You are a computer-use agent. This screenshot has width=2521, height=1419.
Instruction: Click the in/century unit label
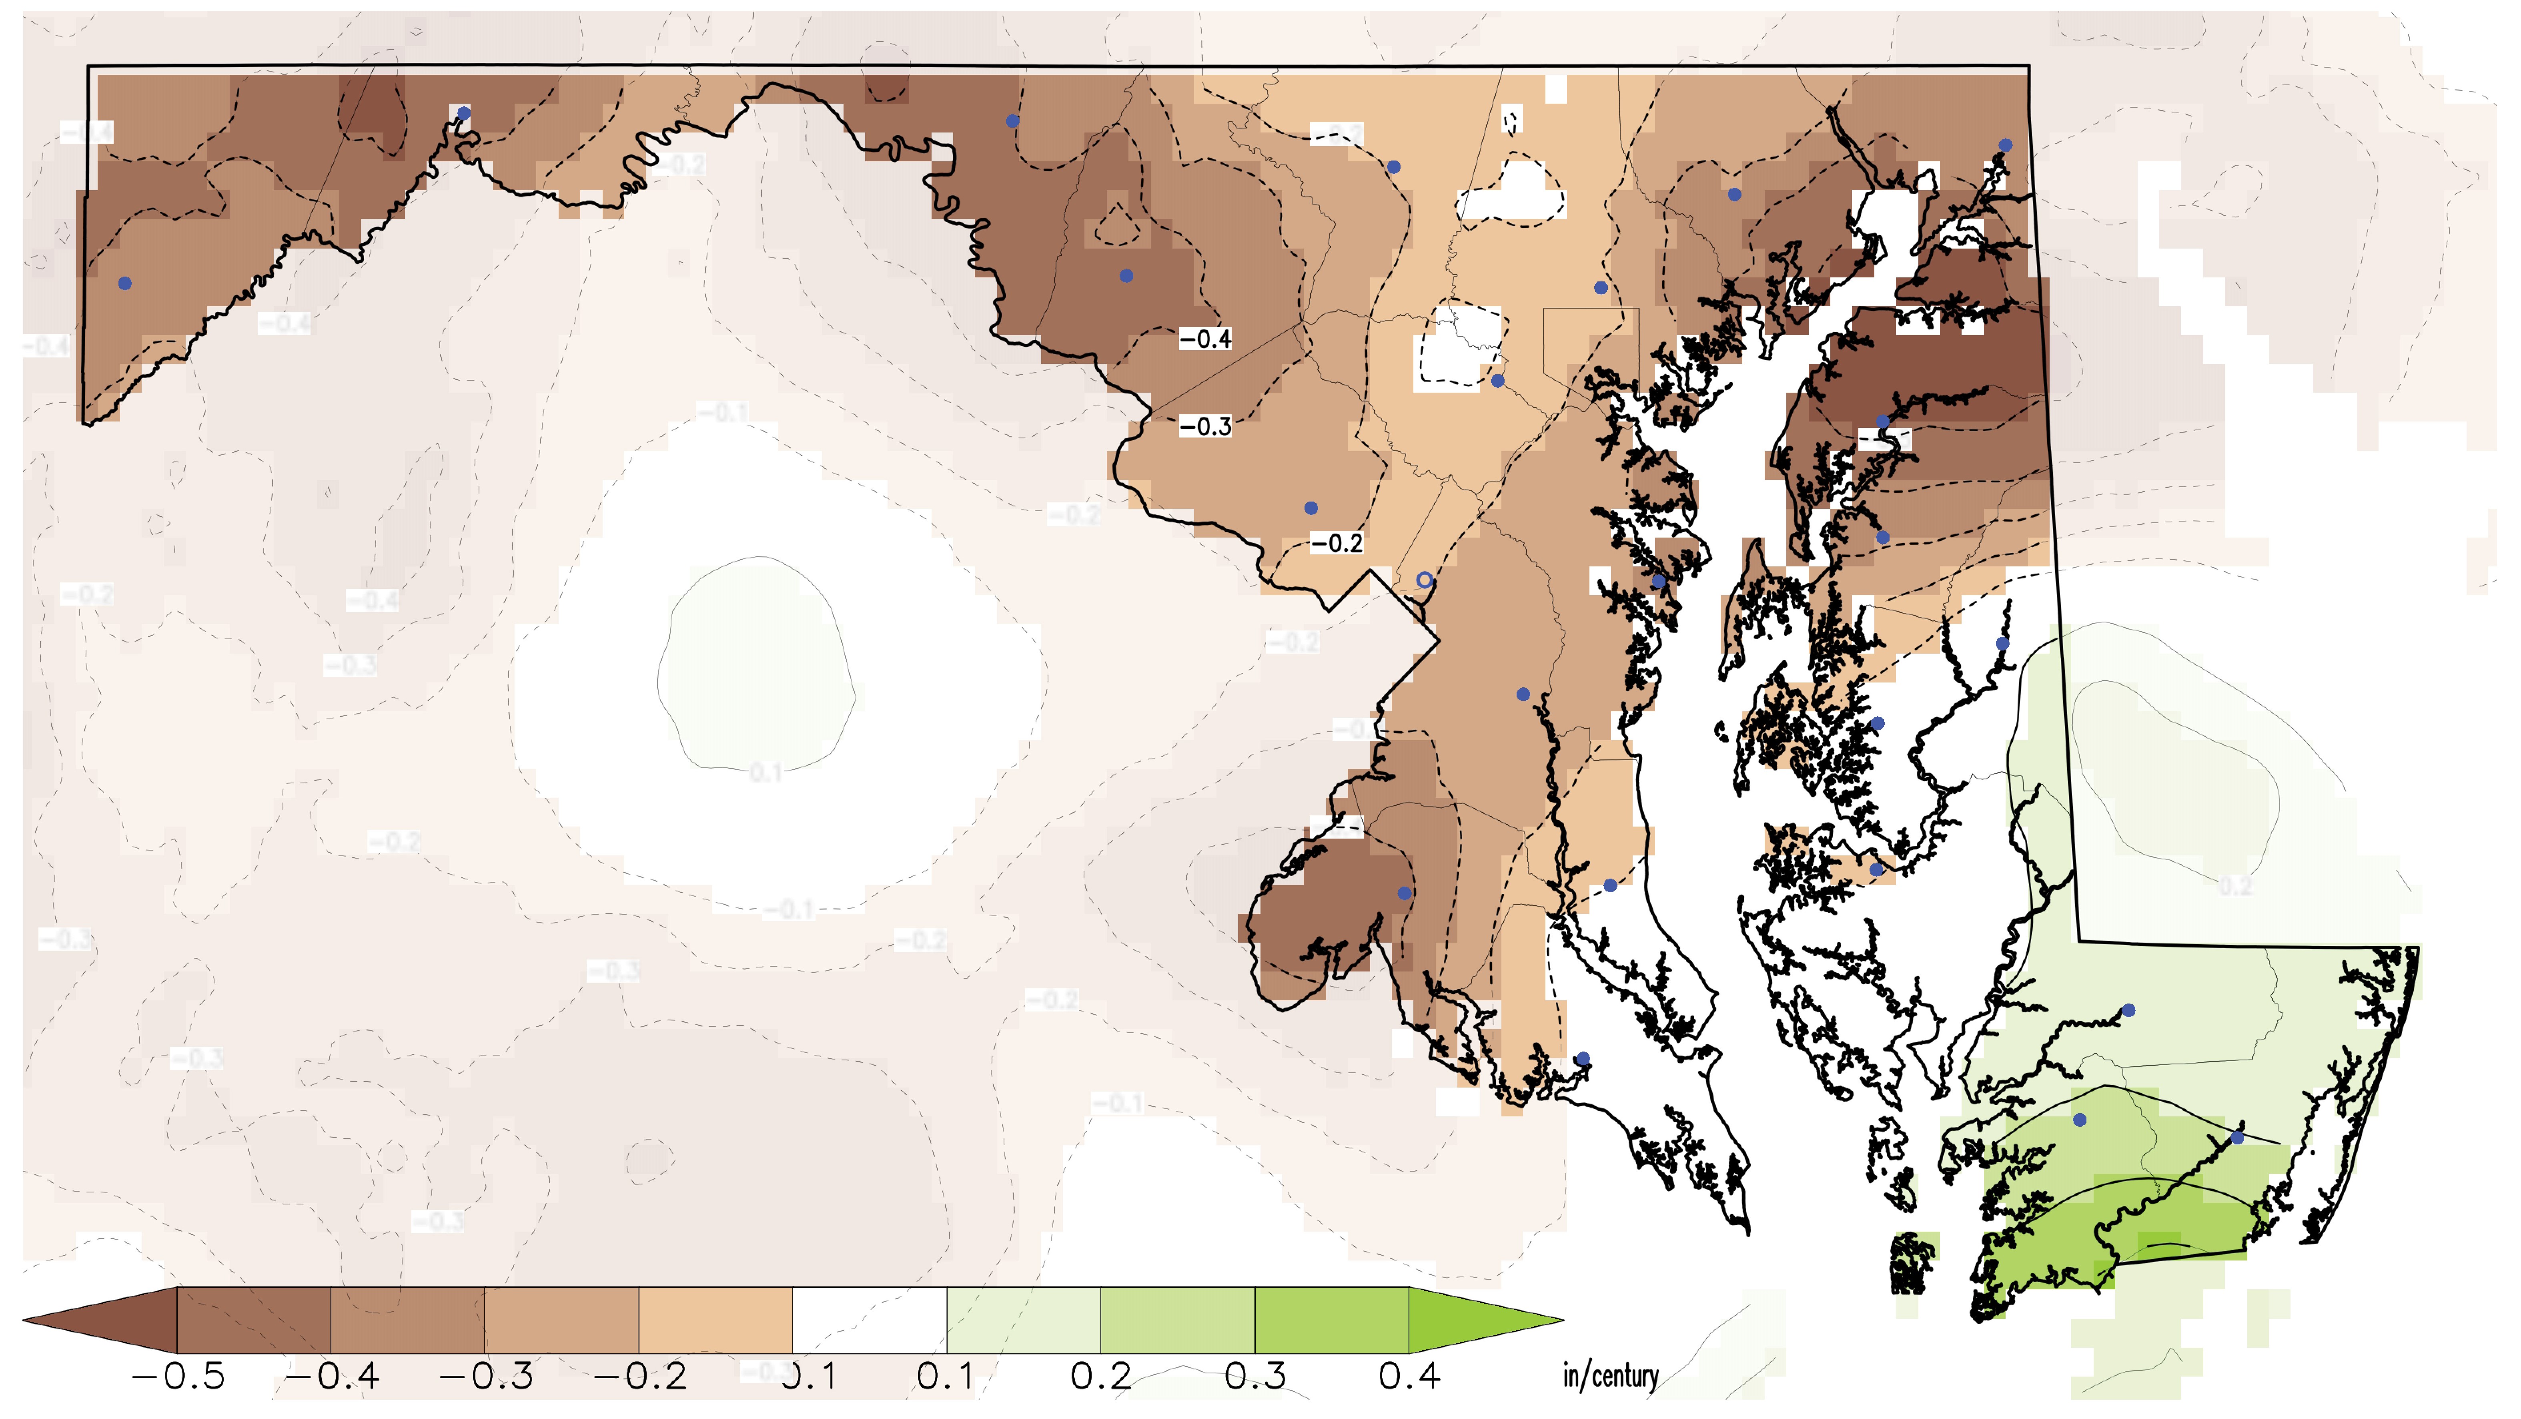click(x=1610, y=1376)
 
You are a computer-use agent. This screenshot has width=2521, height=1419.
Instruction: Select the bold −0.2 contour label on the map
click(x=1337, y=543)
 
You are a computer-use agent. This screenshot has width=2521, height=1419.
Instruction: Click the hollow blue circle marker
click(x=1425, y=580)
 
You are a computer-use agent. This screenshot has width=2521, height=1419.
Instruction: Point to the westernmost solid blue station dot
click(x=124, y=284)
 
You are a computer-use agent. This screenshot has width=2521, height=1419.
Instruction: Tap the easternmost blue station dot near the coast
click(x=2237, y=1137)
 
